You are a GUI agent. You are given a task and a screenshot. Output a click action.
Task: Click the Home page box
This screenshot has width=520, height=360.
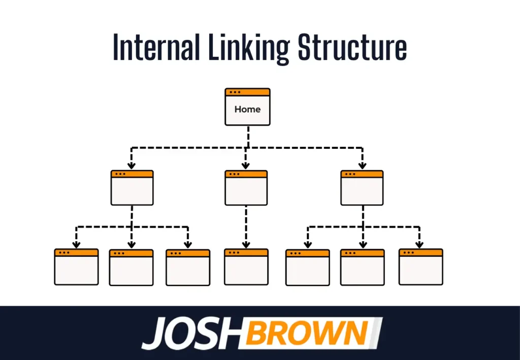pyautogui.click(x=247, y=107)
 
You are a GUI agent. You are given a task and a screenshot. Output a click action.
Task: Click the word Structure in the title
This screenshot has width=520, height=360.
pyautogui.click(x=352, y=47)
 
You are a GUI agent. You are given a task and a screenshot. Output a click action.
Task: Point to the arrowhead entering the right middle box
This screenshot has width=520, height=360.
pyautogui.click(x=362, y=165)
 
